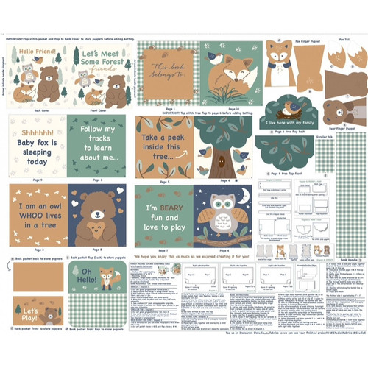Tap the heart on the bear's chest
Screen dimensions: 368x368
(96, 225)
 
